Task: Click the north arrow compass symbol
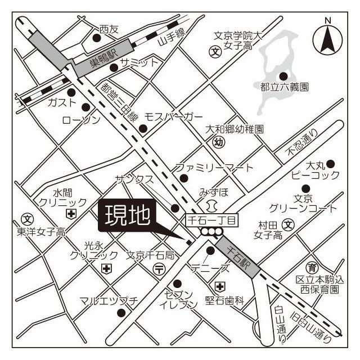(x=327, y=38)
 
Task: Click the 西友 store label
(x=109, y=29)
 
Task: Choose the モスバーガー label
(x=173, y=116)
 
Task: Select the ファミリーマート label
(x=214, y=168)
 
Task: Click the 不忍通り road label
(x=303, y=143)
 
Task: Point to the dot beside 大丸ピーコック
(x=331, y=164)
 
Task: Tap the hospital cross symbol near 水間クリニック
(x=71, y=213)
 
